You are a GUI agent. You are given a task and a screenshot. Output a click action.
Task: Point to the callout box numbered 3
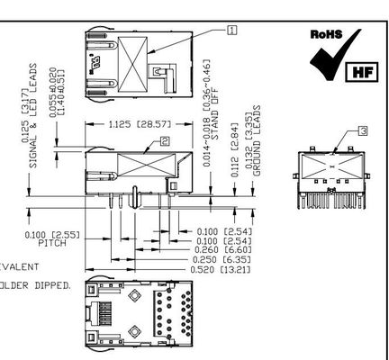pos(338,130)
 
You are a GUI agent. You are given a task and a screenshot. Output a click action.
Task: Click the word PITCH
pos(52,242)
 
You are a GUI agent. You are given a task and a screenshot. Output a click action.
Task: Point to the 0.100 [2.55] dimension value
pos(52,234)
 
